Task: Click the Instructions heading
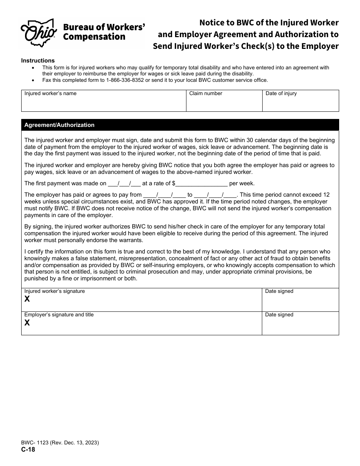point(38,61)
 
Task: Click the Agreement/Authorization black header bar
point(180,125)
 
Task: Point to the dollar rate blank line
point(201,183)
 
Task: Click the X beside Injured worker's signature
point(27,299)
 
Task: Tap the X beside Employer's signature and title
point(27,323)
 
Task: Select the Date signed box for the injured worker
point(301,302)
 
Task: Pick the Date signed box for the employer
point(301,325)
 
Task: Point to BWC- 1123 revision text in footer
point(60,443)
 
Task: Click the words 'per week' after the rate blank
point(242,183)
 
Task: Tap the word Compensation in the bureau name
point(94,37)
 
